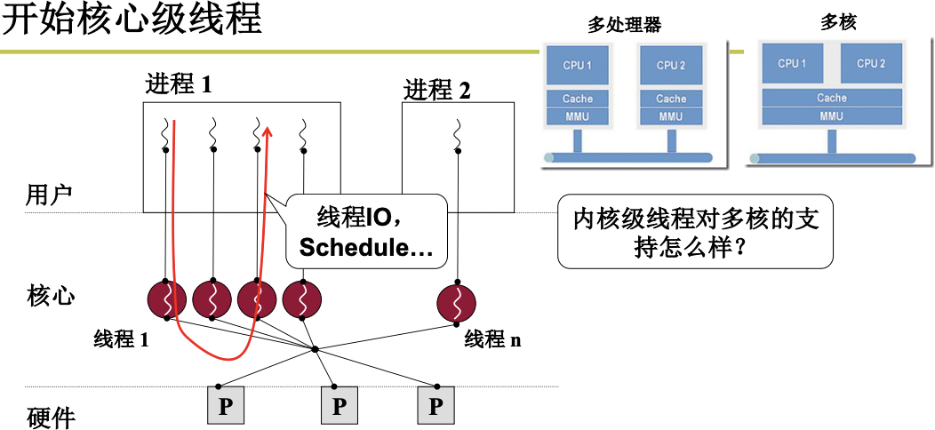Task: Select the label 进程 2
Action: point(437,90)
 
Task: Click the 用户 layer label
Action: point(49,195)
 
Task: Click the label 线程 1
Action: point(121,338)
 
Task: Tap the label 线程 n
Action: point(492,338)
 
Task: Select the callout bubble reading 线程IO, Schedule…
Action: point(364,231)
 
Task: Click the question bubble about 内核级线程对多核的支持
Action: point(695,232)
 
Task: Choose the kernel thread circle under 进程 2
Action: point(458,303)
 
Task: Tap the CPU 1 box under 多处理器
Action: point(577,66)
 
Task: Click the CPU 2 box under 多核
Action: point(870,64)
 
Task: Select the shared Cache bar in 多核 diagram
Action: point(831,98)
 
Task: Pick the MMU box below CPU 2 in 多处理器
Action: point(671,116)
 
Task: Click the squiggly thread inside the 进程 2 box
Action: point(458,136)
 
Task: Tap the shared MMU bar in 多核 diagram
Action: point(831,116)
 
